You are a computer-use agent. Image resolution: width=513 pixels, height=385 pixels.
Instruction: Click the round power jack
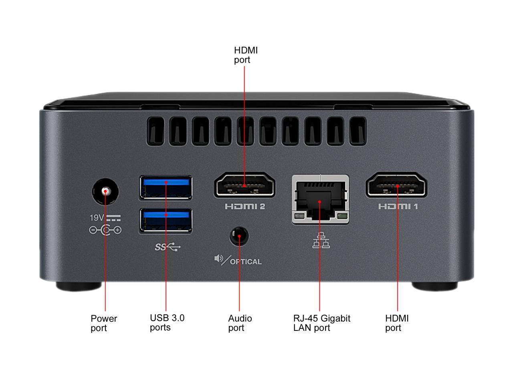point(106,191)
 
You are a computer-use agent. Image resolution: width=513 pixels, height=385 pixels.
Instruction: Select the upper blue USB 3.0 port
point(166,187)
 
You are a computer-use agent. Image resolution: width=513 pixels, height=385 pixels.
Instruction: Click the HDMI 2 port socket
point(244,185)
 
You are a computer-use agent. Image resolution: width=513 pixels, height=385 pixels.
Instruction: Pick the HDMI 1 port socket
point(396,185)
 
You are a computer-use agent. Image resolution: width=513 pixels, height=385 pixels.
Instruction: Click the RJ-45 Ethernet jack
point(320,199)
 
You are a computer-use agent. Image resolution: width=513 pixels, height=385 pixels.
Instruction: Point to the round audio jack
point(239,236)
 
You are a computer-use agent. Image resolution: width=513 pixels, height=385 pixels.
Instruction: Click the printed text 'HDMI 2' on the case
point(244,207)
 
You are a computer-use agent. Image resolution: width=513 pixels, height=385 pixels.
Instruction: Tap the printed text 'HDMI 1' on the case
point(398,207)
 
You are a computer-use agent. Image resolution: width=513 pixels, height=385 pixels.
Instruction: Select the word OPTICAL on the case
point(246,262)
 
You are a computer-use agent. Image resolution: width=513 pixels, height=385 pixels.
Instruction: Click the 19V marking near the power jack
point(97,218)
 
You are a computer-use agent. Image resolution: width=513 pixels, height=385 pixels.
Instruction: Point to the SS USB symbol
point(168,247)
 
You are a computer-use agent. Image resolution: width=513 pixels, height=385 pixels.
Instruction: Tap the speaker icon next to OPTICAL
point(219,259)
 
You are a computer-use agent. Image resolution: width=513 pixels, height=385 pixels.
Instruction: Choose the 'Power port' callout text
point(104,323)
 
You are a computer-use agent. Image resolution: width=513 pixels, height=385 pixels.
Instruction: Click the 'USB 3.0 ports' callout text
point(167,322)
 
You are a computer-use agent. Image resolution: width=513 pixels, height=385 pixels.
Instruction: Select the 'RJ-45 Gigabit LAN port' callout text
point(321,323)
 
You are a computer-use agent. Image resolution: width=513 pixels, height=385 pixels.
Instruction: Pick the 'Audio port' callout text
point(240,323)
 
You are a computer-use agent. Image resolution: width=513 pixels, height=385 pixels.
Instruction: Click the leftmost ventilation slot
point(154,131)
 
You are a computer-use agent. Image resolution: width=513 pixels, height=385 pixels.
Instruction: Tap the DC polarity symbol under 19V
point(105,230)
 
